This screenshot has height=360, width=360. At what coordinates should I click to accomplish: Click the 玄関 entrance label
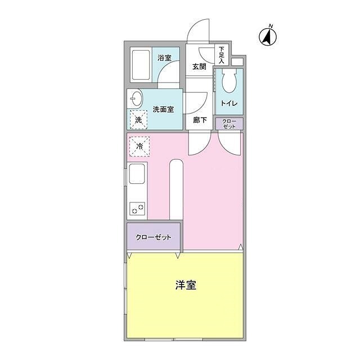pos(199,66)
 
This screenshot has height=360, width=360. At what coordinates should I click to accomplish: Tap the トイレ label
pos(228,103)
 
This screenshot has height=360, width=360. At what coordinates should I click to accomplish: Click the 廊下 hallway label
pos(200,120)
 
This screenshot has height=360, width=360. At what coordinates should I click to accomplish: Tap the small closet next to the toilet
pos(229,124)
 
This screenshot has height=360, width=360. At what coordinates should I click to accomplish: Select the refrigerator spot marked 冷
pos(139,146)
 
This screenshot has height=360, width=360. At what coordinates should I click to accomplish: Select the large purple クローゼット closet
pos(153,237)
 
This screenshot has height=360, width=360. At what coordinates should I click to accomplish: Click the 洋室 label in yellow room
pos(185,285)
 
